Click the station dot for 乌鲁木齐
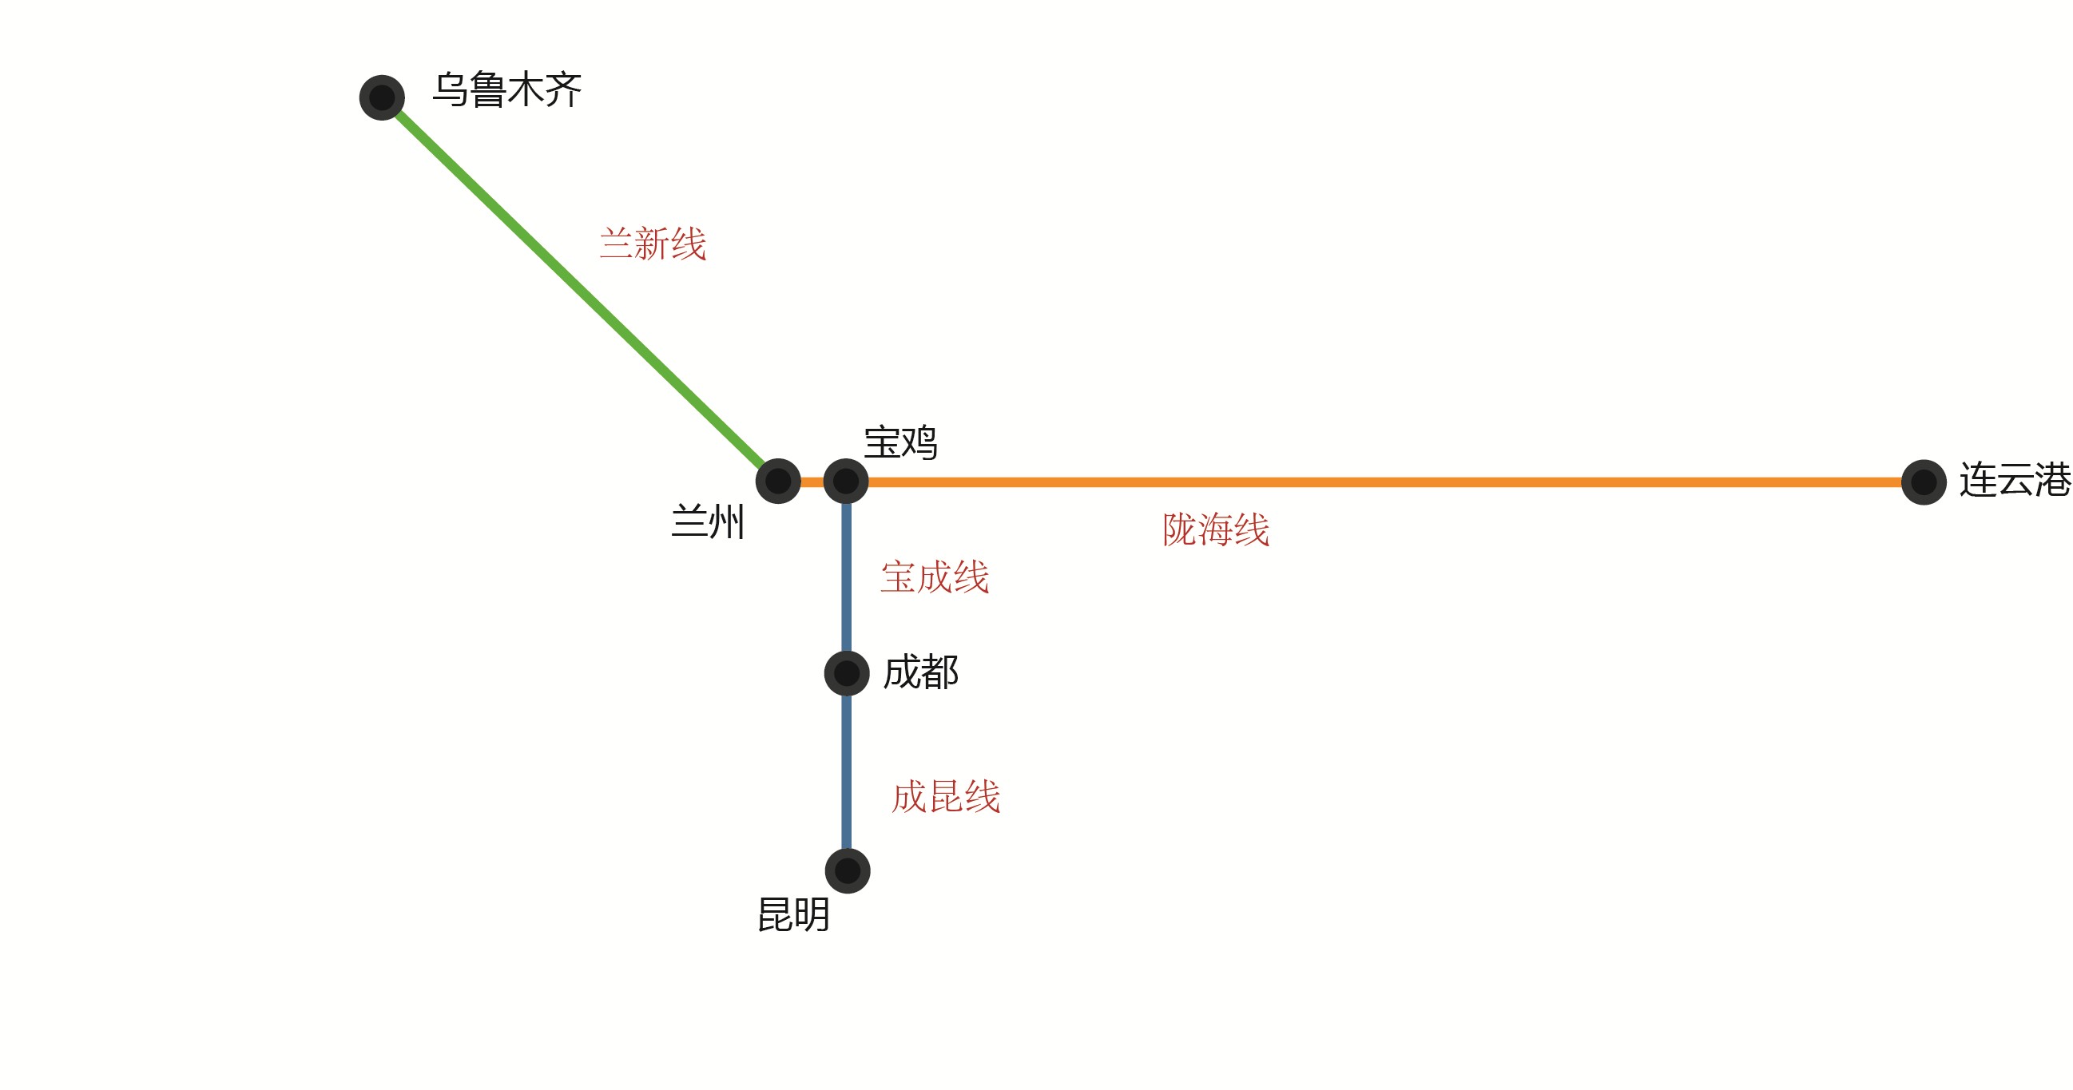[x=381, y=97]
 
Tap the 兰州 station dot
[x=778, y=481]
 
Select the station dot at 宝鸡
[x=846, y=481]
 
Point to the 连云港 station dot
[x=1924, y=482]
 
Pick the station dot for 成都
[x=847, y=673]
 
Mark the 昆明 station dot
[x=848, y=870]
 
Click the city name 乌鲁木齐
[x=507, y=89]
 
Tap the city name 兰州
[x=707, y=521]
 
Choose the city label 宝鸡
[x=899, y=442]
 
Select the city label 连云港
[x=2014, y=480]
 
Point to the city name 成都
[x=920, y=672]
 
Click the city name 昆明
[x=793, y=914]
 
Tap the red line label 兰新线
[x=653, y=243]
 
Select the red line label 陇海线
[x=1215, y=529]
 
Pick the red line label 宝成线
[x=935, y=577]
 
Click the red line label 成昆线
[x=946, y=796]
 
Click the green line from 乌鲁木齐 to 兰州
[x=579, y=289]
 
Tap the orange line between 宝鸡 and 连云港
[x=1368, y=482]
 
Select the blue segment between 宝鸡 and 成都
[x=847, y=575]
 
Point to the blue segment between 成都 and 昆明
[x=847, y=772]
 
